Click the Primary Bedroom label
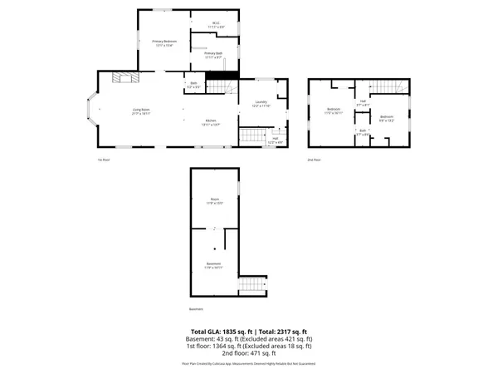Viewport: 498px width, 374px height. tap(164, 42)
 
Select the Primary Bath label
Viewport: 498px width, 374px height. tap(213, 55)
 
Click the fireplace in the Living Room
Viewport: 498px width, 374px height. tap(124, 78)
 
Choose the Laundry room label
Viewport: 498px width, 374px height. tap(261, 104)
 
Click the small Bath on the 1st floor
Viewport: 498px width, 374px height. tap(193, 85)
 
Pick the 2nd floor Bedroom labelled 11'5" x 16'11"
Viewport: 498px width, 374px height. tap(334, 111)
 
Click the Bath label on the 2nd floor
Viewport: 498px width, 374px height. tap(363, 132)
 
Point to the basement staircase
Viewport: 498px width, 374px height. tap(249, 286)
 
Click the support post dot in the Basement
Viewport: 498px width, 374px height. tap(213, 248)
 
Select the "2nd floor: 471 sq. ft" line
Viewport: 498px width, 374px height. tap(248, 353)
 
